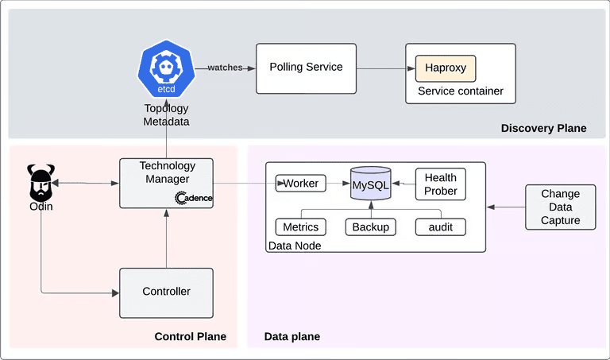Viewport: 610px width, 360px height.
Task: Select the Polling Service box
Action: pyautogui.click(x=306, y=68)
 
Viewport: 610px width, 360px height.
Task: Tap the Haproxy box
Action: pyautogui.click(x=446, y=68)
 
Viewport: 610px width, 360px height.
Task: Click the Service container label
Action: pyautogui.click(x=454, y=91)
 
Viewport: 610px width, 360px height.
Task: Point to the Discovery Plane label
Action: pyautogui.click(x=543, y=128)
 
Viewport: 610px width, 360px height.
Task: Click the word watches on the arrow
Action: pyautogui.click(x=225, y=68)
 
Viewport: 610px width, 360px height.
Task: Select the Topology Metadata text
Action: pyautogui.click(x=167, y=115)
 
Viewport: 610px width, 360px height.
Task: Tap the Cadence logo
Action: pyautogui.click(x=193, y=198)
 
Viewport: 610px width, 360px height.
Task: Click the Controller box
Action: pyautogui.click(x=166, y=292)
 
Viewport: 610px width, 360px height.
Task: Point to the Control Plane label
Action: pyautogui.click(x=190, y=337)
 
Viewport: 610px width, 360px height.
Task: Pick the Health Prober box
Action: pyautogui.click(x=440, y=184)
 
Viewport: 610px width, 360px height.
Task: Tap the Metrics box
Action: pyautogui.click(x=301, y=227)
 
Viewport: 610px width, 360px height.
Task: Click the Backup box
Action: pyautogui.click(x=370, y=227)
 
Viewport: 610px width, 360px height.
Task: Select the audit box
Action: pyautogui.click(x=440, y=227)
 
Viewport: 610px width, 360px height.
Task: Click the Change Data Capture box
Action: pyautogui.click(x=560, y=207)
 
